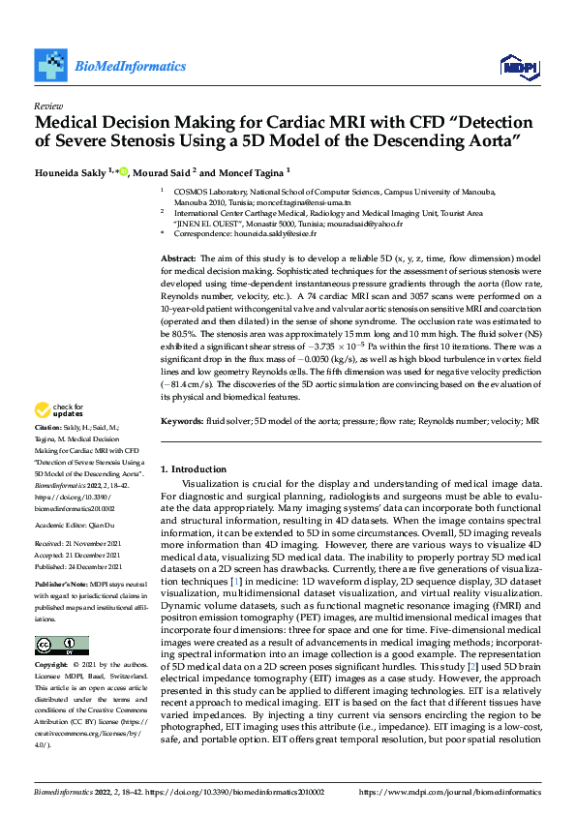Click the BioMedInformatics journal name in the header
pyautogui.click(x=130, y=67)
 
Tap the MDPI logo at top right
pyautogui.click(x=520, y=66)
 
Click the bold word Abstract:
pyautogui.click(x=177, y=259)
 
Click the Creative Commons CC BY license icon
pyautogui.click(x=61, y=646)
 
